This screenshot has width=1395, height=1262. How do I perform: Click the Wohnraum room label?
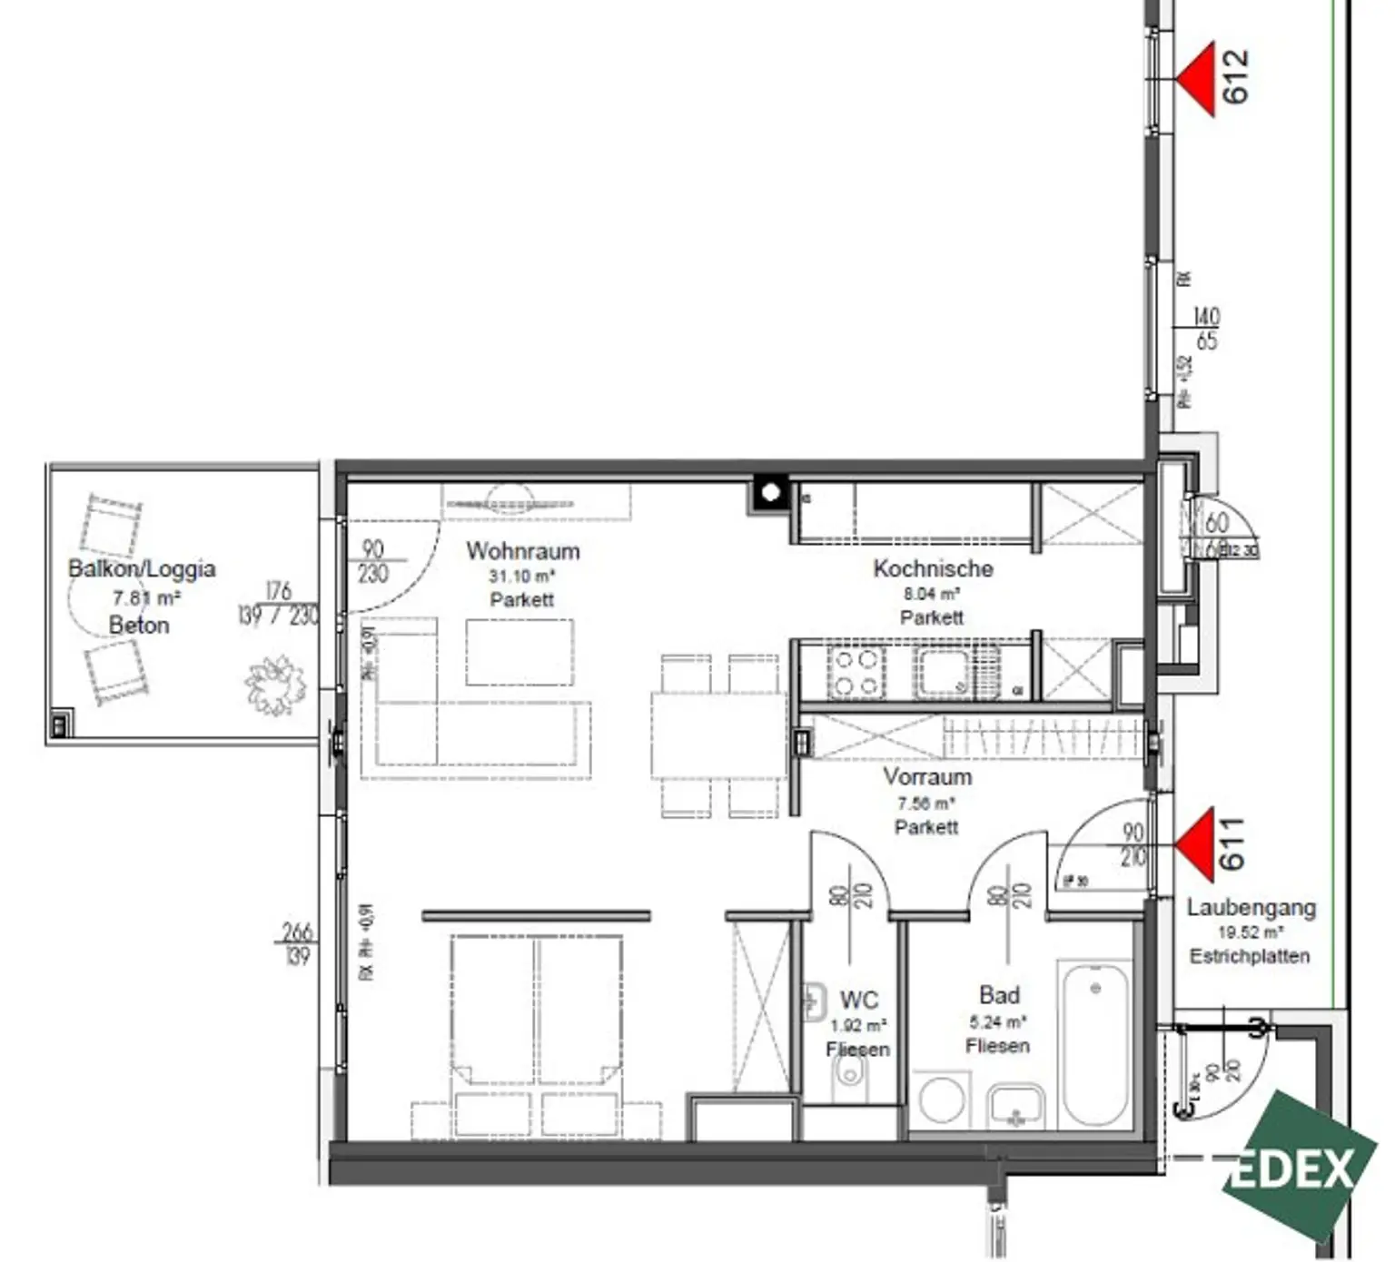click(x=522, y=551)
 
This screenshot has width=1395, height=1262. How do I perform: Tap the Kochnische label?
click(x=933, y=569)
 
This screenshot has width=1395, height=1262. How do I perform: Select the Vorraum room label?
click(x=927, y=777)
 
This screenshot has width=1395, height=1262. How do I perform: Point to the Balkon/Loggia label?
click(x=142, y=569)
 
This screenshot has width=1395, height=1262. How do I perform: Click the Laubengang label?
click(x=1251, y=907)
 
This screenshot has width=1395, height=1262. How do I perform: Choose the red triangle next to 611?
click(x=1198, y=845)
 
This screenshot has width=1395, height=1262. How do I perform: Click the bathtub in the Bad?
click(x=1095, y=1045)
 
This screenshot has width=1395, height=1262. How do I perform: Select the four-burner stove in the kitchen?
click(x=856, y=673)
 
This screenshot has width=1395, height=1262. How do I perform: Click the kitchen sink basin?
click(x=945, y=673)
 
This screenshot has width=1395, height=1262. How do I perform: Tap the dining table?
click(x=718, y=735)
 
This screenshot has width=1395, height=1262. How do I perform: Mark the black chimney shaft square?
click(x=770, y=493)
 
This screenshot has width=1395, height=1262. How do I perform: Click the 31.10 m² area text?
click(x=521, y=577)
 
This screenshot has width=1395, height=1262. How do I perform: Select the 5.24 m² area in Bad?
click(x=997, y=1021)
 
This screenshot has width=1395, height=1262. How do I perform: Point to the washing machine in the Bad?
click(x=941, y=1100)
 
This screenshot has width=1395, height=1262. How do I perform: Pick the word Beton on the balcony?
click(x=139, y=626)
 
